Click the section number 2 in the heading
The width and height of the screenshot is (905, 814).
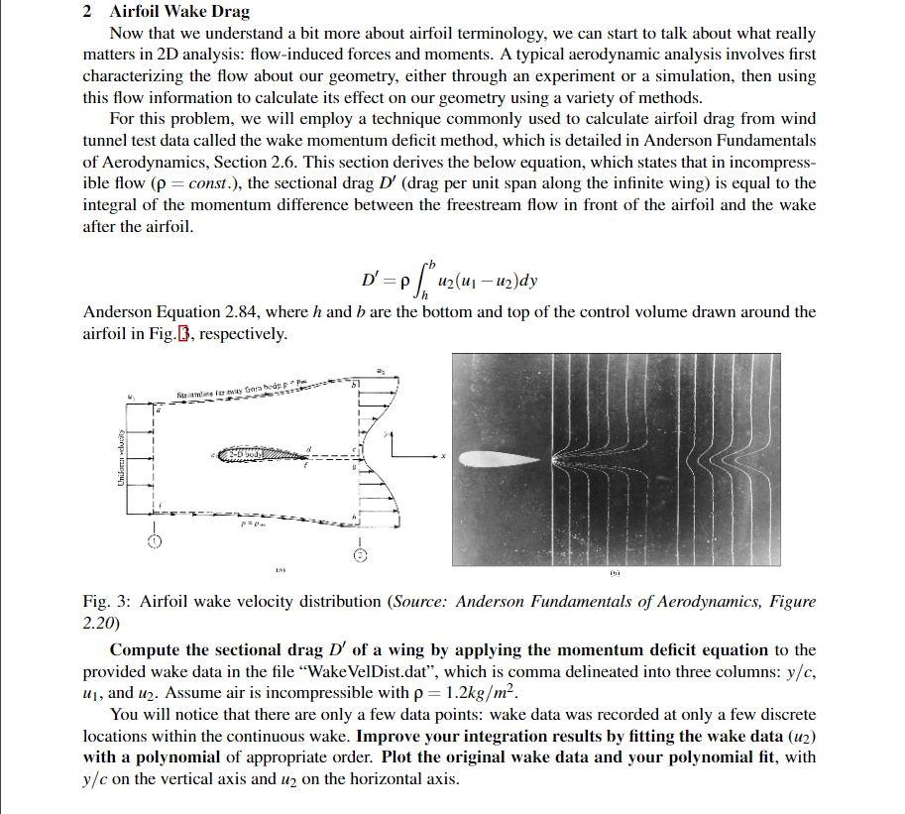[88, 12]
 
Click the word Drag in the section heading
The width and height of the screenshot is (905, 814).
[230, 12]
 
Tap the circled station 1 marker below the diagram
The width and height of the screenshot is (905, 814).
[155, 541]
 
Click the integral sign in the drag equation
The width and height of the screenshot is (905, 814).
[425, 280]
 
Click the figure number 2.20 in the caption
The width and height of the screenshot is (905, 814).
[100, 622]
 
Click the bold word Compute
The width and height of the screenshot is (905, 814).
[145, 650]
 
